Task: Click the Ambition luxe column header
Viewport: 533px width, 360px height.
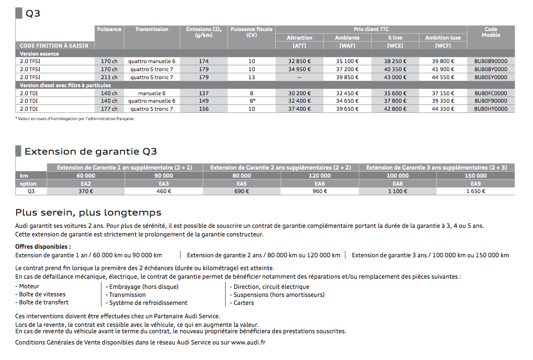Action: [x=443, y=37]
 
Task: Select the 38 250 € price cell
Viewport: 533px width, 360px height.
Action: [x=396, y=62]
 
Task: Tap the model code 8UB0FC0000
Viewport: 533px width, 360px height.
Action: [x=490, y=93]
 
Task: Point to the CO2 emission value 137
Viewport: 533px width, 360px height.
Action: [x=204, y=93]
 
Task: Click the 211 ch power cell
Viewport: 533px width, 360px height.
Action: [x=109, y=77]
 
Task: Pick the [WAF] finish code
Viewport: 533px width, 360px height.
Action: [x=347, y=45]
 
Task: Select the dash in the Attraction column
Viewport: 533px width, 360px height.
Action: [x=299, y=77]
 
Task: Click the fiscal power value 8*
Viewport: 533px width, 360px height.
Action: [x=251, y=101]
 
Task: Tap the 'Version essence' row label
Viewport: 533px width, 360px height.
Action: [x=39, y=53]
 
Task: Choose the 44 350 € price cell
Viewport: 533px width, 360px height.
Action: [x=443, y=109]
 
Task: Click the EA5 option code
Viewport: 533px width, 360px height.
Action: [x=242, y=183]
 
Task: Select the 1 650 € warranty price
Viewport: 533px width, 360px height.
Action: [x=475, y=191]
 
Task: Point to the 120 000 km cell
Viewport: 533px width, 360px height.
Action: [x=320, y=175]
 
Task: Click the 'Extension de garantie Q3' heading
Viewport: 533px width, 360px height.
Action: [x=90, y=152]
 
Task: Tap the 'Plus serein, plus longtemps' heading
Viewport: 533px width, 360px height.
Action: [x=88, y=213]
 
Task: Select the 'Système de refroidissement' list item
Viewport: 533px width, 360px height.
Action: [x=148, y=303]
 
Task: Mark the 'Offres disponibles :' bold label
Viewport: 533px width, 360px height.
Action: [x=43, y=247]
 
